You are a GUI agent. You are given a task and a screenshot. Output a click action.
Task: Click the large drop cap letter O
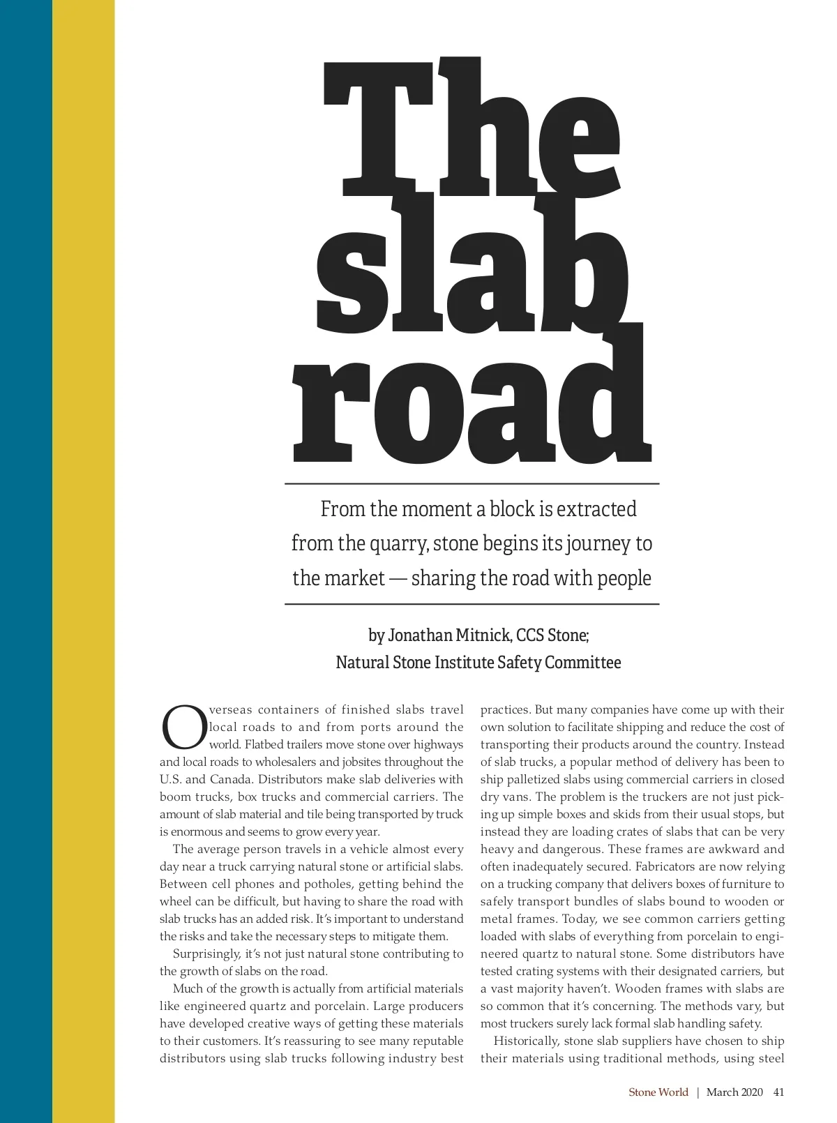[x=183, y=727]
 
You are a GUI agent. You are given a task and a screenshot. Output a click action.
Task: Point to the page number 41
[x=779, y=1092]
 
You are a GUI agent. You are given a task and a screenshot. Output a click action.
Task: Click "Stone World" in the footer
[x=658, y=1092]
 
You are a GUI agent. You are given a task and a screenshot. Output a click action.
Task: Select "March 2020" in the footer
[x=734, y=1092]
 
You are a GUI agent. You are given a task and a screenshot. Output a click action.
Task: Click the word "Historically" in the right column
[x=525, y=1041]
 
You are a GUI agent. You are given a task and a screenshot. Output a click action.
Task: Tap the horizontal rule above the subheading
[x=472, y=483]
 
